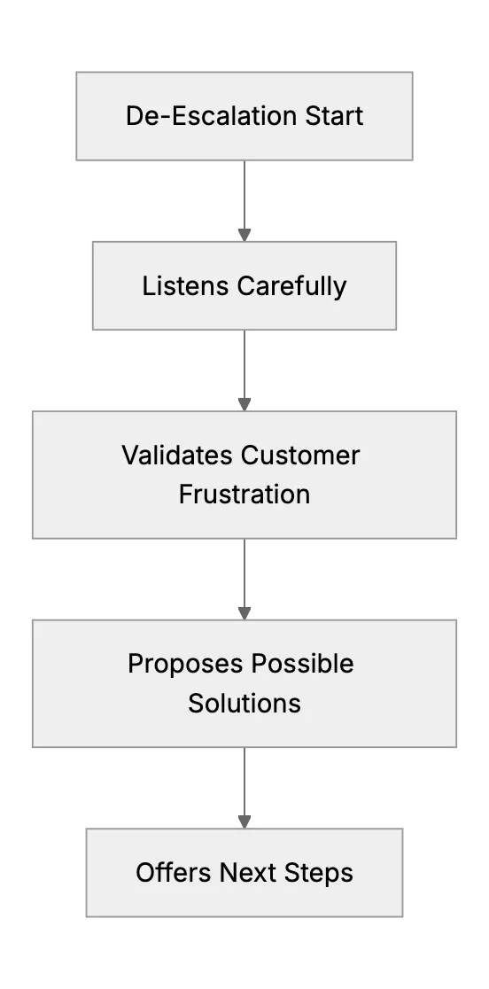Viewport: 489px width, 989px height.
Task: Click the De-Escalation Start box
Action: (244, 116)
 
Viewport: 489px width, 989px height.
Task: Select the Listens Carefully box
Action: (244, 285)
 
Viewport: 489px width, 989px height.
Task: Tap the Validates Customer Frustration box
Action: (244, 475)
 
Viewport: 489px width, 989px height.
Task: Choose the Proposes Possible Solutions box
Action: (244, 684)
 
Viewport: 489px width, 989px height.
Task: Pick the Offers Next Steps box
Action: (244, 873)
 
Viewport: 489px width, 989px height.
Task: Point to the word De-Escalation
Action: (212, 116)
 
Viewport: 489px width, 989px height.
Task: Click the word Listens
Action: (185, 285)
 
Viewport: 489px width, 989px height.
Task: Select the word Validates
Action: (178, 456)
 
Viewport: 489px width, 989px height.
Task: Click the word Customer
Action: (300, 456)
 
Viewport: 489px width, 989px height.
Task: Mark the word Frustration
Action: (244, 494)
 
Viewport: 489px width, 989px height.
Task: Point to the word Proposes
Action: (185, 664)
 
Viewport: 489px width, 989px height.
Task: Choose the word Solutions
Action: (244, 704)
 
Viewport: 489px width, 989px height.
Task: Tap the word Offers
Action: (174, 873)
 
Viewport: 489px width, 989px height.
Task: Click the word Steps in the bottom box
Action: (319, 874)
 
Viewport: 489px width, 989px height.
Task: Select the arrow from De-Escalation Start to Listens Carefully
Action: (244, 200)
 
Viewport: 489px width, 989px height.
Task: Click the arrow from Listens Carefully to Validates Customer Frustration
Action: (244, 370)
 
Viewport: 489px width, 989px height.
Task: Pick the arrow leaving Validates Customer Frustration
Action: (244, 579)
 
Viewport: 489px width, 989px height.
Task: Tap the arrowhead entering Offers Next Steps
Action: (244, 822)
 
